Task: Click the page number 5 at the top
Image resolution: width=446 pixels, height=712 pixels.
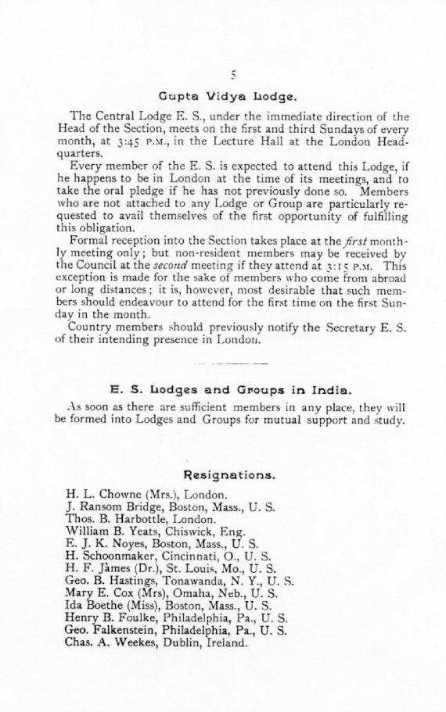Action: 233,76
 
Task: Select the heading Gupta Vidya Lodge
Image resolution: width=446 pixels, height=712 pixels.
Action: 227,98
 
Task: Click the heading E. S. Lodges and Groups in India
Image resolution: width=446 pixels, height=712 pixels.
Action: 231,388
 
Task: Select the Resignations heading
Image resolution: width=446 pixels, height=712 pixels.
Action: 228,474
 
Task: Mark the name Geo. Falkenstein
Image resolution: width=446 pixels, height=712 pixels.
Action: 114,630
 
